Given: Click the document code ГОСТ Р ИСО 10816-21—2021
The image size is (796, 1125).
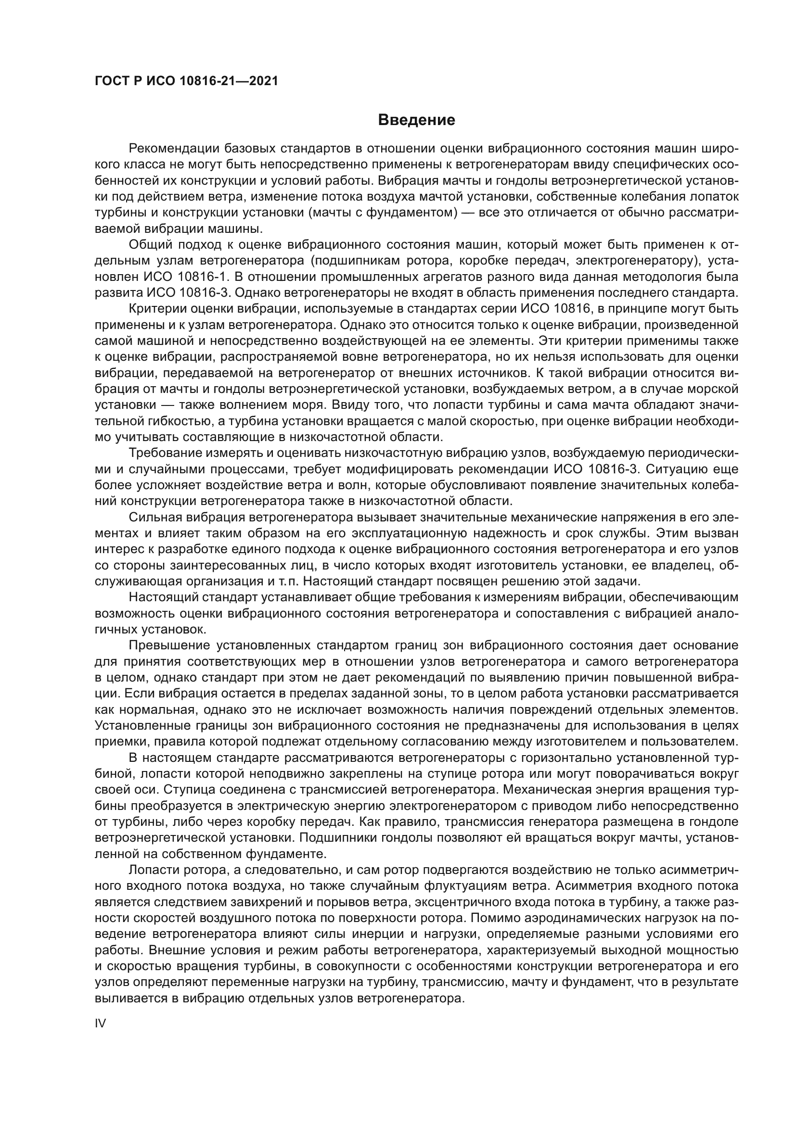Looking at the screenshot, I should [x=186, y=81].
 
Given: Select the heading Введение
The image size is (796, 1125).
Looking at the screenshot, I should [x=417, y=120].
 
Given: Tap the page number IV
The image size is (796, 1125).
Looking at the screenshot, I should [x=101, y=1024].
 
